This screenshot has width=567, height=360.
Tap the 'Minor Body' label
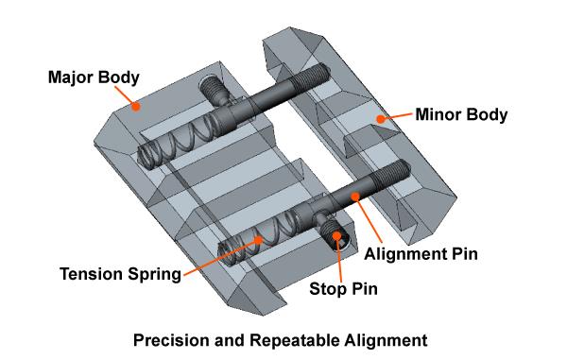[x=462, y=116]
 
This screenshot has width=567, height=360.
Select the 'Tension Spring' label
[x=119, y=275]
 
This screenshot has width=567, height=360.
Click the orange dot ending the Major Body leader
[x=137, y=107]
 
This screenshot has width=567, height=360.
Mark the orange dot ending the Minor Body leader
[x=379, y=118]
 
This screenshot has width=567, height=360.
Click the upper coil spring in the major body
[x=180, y=138]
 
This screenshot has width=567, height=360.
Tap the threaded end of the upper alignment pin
[x=311, y=75]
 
